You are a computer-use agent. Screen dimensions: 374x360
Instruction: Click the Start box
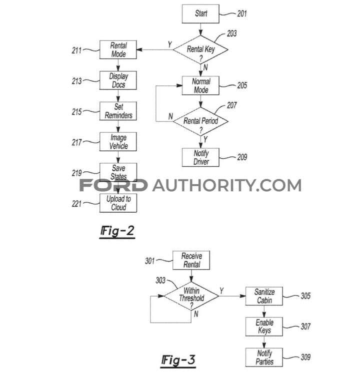[201, 14]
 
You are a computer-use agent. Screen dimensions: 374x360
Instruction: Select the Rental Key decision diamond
[201, 49]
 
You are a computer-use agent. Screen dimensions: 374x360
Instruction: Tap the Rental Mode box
[119, 49]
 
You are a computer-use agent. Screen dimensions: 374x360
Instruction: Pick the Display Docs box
[119, 80]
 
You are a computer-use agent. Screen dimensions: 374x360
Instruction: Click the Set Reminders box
[119, 111]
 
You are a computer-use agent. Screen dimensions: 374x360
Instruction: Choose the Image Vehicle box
[119, 142]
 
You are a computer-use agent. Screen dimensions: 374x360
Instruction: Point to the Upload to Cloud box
[119, 203]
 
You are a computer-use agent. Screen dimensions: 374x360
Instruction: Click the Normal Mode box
[201, 86]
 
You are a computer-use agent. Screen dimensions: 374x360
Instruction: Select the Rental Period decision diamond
[201, 121]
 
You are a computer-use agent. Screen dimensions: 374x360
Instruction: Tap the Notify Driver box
[201, 157]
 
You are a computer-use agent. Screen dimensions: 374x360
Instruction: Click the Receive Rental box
[191, 260]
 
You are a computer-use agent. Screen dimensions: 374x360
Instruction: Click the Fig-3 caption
[177, 360]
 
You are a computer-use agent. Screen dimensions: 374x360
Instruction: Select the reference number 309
[305, 357]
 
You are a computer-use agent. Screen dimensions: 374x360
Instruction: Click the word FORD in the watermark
[113, 186]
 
